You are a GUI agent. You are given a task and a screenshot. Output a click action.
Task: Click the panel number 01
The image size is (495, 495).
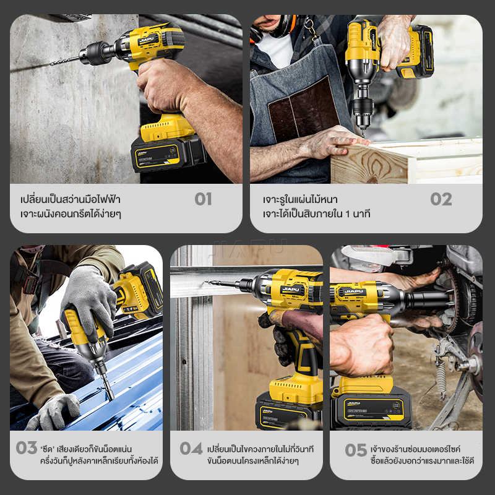tap(203, 199)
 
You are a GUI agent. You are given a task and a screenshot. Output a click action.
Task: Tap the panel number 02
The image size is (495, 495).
tap(441, 199)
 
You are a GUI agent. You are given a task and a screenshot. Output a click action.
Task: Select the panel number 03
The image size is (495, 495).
tap(27, 447)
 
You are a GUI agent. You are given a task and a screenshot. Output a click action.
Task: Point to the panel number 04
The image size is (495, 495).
tap(191, 448)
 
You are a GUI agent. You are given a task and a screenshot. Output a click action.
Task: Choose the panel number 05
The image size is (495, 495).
tap(356, 450)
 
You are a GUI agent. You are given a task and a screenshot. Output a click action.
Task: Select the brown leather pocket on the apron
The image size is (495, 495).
tap(303, 110)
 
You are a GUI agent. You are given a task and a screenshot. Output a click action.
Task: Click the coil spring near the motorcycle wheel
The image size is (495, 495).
tap(441, 376)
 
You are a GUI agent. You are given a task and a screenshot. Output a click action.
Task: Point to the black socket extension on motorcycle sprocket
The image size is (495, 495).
tap(428, 300)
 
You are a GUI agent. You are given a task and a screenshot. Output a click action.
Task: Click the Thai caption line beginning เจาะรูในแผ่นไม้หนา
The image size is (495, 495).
tap(300, 199)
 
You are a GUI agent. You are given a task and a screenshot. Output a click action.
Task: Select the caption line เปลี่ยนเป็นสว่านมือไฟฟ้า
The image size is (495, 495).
tap(70, 199)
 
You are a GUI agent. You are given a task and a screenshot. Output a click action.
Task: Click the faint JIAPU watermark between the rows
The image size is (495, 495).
tap(248, 248)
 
